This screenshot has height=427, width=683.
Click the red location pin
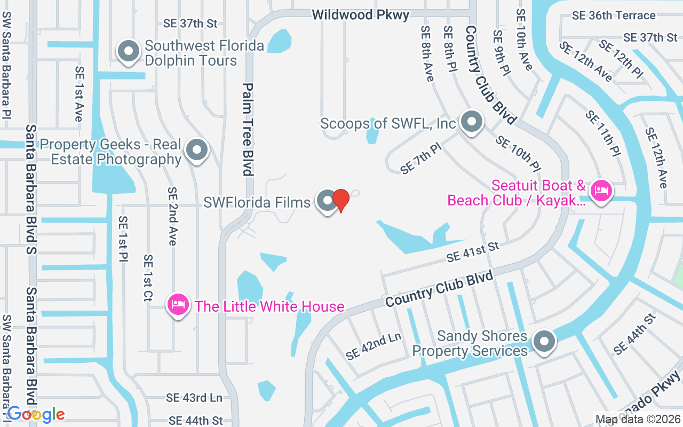(x=340, y=200)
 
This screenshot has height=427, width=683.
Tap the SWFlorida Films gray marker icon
(x=327, y=201)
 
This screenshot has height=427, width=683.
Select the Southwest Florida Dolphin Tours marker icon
(x=128, y=52)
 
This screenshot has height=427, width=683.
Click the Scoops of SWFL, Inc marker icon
(x=471, y=122)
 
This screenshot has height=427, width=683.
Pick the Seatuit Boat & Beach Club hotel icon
(x=601, y=190)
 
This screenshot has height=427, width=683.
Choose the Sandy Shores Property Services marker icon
(x=544, y=340)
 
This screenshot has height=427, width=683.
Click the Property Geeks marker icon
(x=197, y=150)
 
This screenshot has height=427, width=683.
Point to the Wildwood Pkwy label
(x=361, y=14)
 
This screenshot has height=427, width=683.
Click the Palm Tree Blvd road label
(x=248, y=129)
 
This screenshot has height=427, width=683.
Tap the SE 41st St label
(x=473, y=251)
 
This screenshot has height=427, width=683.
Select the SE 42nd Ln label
(x=373, y=346)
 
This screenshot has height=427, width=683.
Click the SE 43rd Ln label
(x=194, y=398)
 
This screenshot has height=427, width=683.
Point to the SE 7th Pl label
(x=422, y=159)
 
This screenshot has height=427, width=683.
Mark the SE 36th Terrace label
(x=614, y=15)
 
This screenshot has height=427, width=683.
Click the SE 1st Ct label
(x=148, y=278)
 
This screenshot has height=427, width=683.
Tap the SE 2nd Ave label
(x=172, y=216)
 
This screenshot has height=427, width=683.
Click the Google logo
(x=35, y=414)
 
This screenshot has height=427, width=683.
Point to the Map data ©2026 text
(x=637, y=420)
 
